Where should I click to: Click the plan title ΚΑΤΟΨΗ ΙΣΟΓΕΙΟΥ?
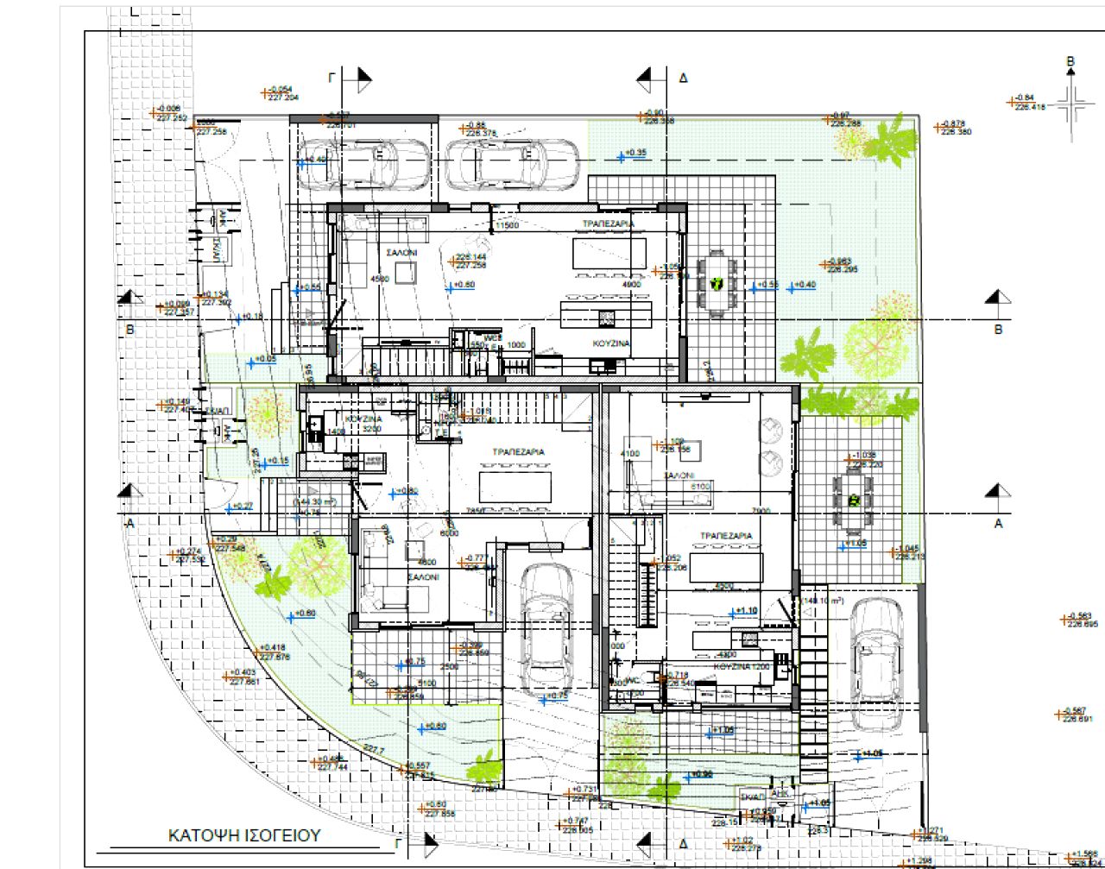click(243, 835)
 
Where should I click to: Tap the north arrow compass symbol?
click(1071, 106)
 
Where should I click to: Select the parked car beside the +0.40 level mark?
click(363, 164)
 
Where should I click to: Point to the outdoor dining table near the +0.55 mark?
click(716, 283)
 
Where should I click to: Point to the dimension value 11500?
click(505, 226)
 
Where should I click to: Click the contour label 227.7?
click(373, 750)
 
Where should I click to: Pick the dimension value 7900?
click(761, 511)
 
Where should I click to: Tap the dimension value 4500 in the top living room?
click(379, 279)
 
